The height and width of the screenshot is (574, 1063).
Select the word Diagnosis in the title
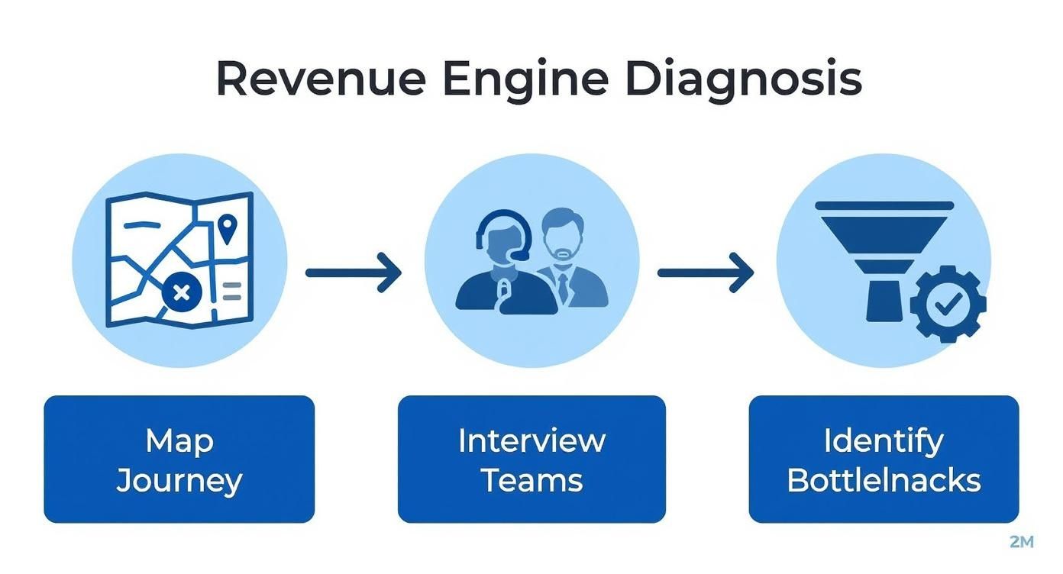click(x=742, y=79)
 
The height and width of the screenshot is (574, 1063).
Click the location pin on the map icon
click(x=227, y=227)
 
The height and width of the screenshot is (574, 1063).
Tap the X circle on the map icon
click(x=181, y=292)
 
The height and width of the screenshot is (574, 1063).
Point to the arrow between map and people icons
click(x=353, y=272)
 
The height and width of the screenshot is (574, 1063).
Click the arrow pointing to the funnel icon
click(x=705, y=272)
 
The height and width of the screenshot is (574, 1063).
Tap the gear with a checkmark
click(x=948, y=304)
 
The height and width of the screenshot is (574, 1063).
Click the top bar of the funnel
click(x=884, y=205)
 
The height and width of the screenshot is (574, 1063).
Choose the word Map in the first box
click(x=179, y=440)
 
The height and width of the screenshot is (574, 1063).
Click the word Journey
click(x=179, y=481)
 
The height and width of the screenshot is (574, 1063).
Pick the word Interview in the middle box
click(x=531, y=440)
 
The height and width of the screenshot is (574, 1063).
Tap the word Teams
click(x=531, y=481)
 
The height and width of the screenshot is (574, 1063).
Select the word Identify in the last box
click(x=884, y=440)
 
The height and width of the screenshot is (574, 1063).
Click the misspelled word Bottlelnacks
click(x=884, y=481)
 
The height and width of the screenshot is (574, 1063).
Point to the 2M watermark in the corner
click(x=1021, y=542)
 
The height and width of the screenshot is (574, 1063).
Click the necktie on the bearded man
click(x=563, y=286)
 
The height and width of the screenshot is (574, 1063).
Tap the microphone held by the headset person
click(x=504, y=290)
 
